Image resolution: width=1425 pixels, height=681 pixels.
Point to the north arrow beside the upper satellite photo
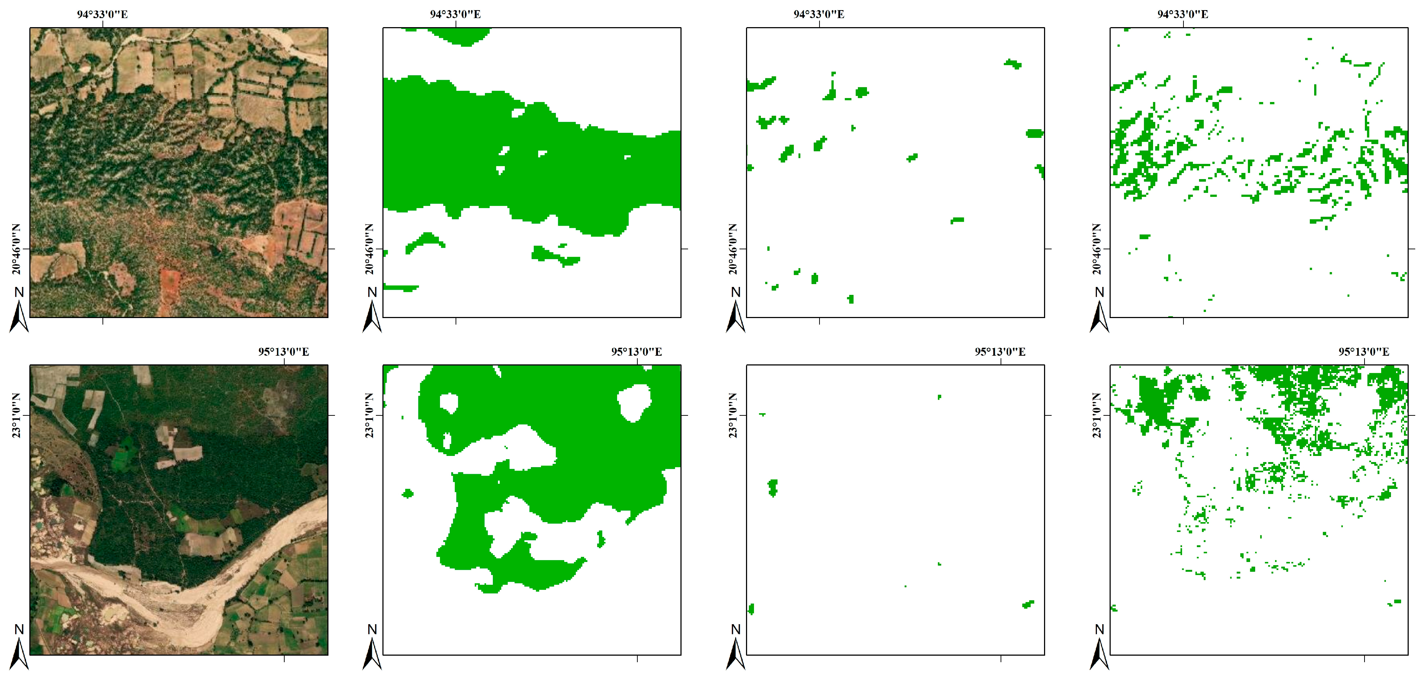click(x=19, y=312)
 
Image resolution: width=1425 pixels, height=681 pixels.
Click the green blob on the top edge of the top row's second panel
click(x=459, y=36)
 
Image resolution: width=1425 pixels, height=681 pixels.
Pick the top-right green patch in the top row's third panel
click(x=1013, y=64)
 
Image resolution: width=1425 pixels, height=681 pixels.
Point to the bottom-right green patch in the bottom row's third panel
click(x=1028, y=604)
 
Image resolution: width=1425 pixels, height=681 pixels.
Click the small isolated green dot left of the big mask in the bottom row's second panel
click(x=408, y=493)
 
